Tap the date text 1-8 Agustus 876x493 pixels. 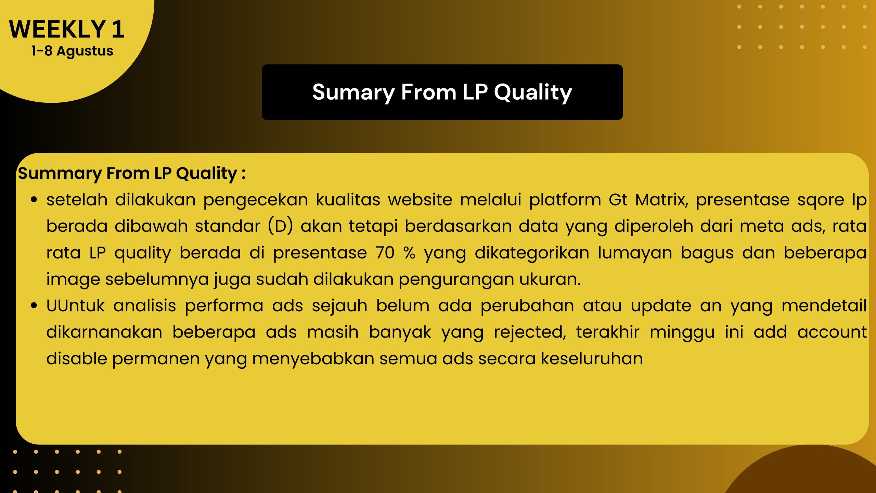tap(72, 51)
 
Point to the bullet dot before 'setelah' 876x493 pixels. tap(34, 200)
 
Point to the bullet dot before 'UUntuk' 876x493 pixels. tap(34, 305)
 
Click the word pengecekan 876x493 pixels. tap(256, 200)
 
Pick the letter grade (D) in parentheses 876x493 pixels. tap(280, 226)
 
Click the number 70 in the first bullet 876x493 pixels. tap(385, 253)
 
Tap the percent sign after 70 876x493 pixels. tap(409, 253)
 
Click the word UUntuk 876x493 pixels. tap(75, 306)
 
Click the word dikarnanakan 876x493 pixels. tap(104, 332)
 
